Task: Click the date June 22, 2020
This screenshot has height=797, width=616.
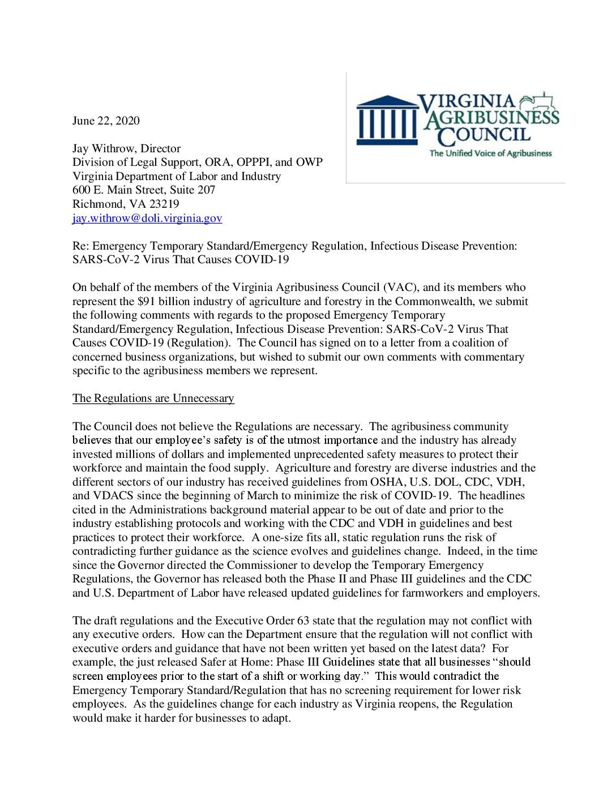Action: coord(106,121)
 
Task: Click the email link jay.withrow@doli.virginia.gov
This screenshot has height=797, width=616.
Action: coord(147,218)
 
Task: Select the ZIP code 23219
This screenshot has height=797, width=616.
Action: coord(164,204)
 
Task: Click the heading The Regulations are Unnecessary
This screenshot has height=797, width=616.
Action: coord(153,398)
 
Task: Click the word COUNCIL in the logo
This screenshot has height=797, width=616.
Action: coord(485,135)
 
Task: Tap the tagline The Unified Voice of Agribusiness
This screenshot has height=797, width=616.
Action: coord(490,153)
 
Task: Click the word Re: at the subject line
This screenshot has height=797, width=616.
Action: coord(80,246)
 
